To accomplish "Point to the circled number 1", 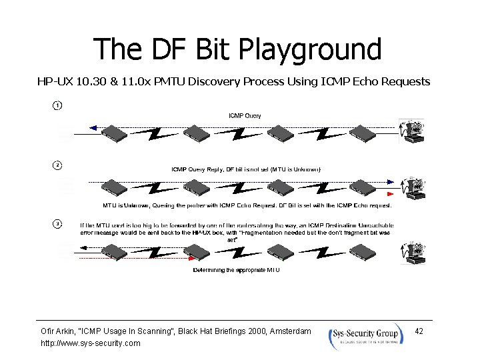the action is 57,106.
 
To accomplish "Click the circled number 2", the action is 57,165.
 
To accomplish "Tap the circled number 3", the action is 57,223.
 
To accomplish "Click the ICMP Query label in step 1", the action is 245,116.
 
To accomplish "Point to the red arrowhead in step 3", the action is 191,257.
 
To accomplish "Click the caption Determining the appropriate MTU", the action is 236,270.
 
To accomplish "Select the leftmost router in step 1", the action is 109,133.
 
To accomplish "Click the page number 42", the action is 419,331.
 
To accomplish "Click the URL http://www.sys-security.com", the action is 91,343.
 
